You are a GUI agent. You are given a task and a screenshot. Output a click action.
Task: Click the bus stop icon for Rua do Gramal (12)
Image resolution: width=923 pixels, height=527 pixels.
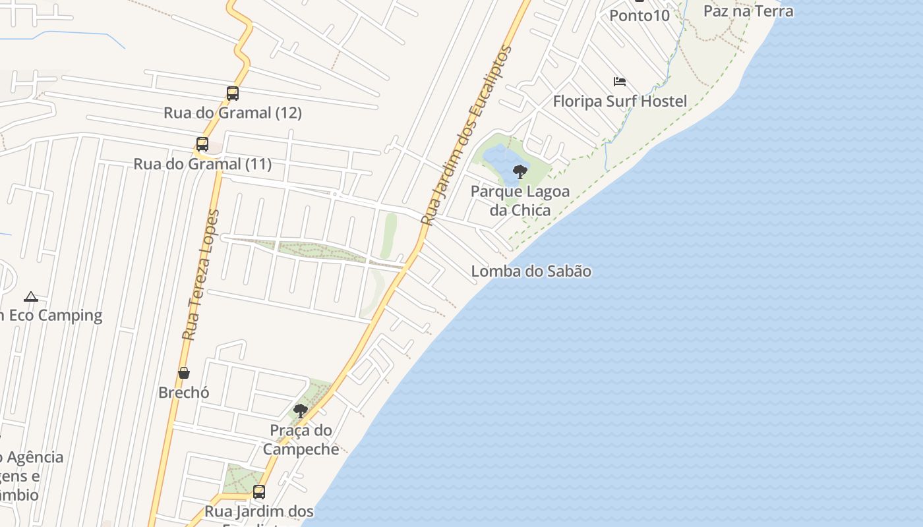tap(233, 94)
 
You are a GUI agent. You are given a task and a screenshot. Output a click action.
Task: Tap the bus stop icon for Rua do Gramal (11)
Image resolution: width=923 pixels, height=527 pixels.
tap(202, 144)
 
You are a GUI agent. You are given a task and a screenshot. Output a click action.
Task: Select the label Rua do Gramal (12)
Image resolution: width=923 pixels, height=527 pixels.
tap(233, 113)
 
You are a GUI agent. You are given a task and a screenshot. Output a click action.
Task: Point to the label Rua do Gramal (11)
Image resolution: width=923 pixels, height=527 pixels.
tap(202, 163)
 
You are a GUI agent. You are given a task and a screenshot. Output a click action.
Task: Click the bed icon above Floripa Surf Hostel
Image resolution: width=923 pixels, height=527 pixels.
tap(620, 82)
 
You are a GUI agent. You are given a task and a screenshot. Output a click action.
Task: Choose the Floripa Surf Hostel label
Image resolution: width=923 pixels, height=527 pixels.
tap(620, 101)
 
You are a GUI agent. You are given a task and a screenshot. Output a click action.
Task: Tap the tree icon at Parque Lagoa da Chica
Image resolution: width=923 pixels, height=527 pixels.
tap(520, 172)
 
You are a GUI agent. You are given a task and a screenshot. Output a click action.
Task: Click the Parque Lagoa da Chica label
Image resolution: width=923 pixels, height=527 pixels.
tap(520, 201)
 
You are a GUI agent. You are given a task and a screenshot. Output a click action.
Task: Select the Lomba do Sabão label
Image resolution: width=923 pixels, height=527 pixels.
tap(531, 271)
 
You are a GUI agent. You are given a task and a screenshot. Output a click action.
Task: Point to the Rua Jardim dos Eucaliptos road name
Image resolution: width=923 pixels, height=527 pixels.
tap(467, 135)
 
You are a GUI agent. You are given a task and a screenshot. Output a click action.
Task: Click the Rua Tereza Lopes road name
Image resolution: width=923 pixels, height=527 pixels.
tap(200, 275)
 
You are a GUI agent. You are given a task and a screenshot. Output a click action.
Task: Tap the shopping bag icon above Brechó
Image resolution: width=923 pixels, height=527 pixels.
tap(184, 374)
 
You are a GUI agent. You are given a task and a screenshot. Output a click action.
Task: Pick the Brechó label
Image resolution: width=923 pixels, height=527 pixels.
tap(184, 393)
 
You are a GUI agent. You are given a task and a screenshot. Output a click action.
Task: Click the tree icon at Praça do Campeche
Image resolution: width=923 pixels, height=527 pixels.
tap(301, 412)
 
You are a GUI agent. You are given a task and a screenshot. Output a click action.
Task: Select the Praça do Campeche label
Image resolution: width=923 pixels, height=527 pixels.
tap(301, 440)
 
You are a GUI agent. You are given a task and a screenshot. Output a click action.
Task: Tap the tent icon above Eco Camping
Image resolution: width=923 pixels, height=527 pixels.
tap(30, 296)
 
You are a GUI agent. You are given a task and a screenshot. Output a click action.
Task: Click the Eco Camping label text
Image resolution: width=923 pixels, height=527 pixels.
tap(53, 316)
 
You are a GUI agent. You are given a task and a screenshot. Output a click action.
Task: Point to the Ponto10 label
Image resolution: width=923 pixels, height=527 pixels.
tap(640, 14)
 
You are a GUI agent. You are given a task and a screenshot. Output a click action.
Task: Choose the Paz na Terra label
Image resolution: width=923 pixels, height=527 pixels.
tap(748, 11)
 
